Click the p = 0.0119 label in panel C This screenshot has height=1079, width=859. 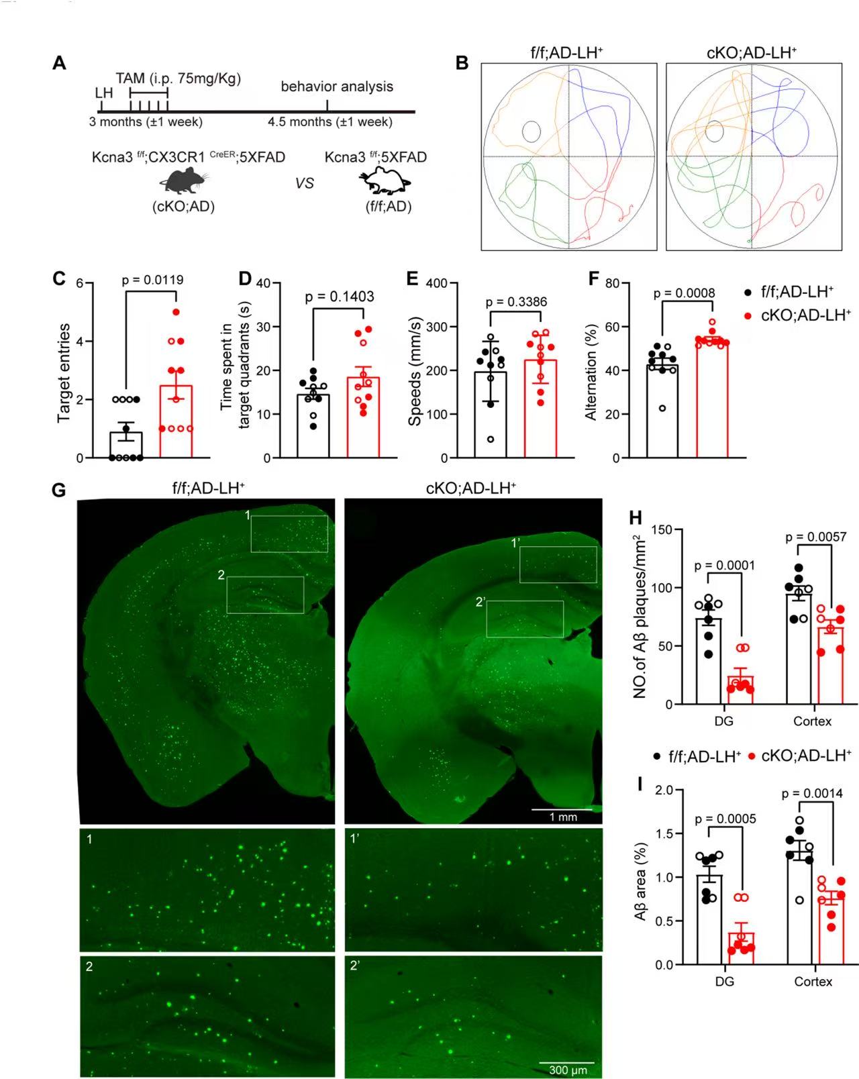pyautogui.click(x=152, y=280)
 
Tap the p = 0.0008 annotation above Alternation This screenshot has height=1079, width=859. pyautogui.click(x=684, y=293)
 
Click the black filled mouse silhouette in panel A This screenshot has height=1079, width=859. pyautogui.click(x=183, y=182)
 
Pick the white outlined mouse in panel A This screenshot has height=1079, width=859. pyautogui.click(x=385, y=181)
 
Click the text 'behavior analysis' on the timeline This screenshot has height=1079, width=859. pyautogui.click(x=337, y=87)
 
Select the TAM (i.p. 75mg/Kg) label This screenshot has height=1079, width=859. pyautogui.click(x=178, y=79)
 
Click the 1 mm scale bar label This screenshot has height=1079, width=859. pyautogui.click(x=563, y=817)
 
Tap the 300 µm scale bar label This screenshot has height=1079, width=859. pyautogui.click(x=568, y=1070)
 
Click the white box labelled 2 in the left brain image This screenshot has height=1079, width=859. pyautogui.click(x=265, y=595)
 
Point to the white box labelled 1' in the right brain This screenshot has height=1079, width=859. pyautogui.click(x=558, y=564)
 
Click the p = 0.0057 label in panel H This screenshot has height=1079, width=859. pyautogui.click(x=815, y=537)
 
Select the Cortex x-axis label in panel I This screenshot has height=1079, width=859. pyautogui.click(x=813, y=982)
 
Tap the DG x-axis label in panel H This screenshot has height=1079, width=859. pyautogui.click(x=723, y=721)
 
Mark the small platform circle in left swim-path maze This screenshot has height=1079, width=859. pyautogui.click(x=532, y=131)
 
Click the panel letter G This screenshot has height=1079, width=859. pyautogui.click(x=59, y=490)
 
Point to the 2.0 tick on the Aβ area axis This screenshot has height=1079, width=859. pyautogui.click(x=664, y=790)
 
